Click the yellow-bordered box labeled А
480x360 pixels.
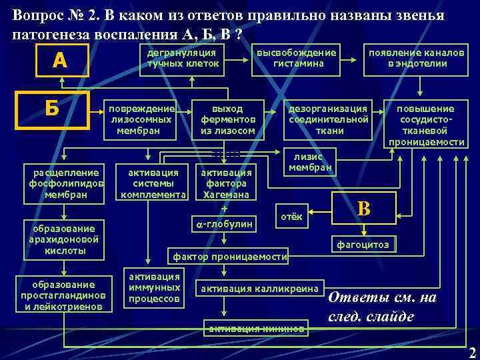61,61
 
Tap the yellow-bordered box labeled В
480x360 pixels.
364,209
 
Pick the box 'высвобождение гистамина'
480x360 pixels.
297,58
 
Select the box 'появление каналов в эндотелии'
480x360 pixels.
417,58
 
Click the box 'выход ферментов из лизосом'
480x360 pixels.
228,119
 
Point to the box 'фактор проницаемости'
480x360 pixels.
230,257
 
